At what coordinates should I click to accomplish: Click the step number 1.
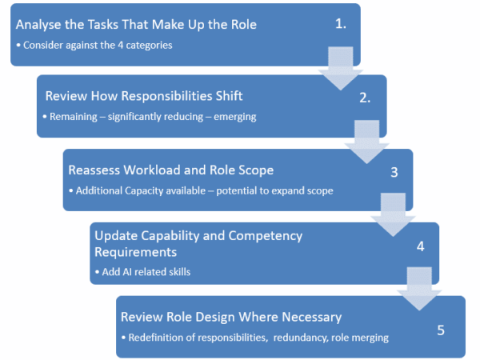pos(341,23)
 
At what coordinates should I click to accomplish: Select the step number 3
pos(394,172)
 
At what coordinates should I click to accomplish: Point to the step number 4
pos(420,246)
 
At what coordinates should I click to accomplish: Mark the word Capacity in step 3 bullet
pos(155,191)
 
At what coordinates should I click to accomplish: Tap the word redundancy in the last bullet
pos(300,338)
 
